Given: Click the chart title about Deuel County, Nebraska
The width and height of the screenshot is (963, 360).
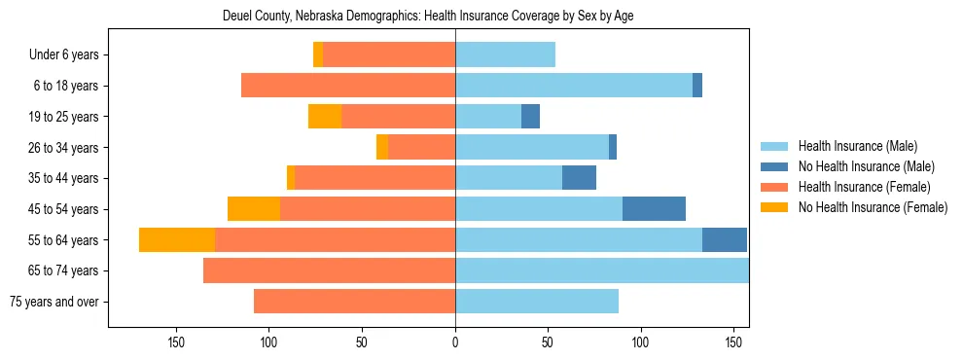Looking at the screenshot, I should pyautogui.click(x=428, y=17).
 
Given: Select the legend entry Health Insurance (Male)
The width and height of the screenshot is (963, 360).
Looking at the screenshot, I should pyautogui.click(x=856, y=146).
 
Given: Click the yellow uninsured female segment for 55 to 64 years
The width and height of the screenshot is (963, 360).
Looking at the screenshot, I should pyautogui.click(x=177, y=240).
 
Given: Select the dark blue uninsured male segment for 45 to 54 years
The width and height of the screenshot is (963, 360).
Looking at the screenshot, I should pyautogui.click(x=654, y=209).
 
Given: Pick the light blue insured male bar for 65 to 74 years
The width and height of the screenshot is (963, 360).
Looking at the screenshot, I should pyautogui.click(x=601, y=270).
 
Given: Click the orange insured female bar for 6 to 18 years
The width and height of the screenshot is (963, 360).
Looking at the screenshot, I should pyautogui.click(x=348, y=86).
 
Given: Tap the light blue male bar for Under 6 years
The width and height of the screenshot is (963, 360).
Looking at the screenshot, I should pyautogui.click(x=505, y=55).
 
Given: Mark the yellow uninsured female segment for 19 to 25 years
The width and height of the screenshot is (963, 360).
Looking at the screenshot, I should pyautogui.click(x=325, y=117).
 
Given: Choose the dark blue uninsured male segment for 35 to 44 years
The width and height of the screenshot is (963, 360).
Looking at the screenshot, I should pyautogui.click(x=579, y=178).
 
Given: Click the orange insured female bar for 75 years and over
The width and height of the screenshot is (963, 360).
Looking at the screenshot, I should pyautogui.click(x=354, y=302).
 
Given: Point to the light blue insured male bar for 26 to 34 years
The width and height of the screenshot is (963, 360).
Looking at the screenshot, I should pyautogui.click(x=532, y=148).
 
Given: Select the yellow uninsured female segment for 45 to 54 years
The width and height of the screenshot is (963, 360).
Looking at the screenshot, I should pyautogui.click(x=254, y=209).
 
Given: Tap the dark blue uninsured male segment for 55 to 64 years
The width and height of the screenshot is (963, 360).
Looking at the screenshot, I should pyautogui.click(x=725, y=240).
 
